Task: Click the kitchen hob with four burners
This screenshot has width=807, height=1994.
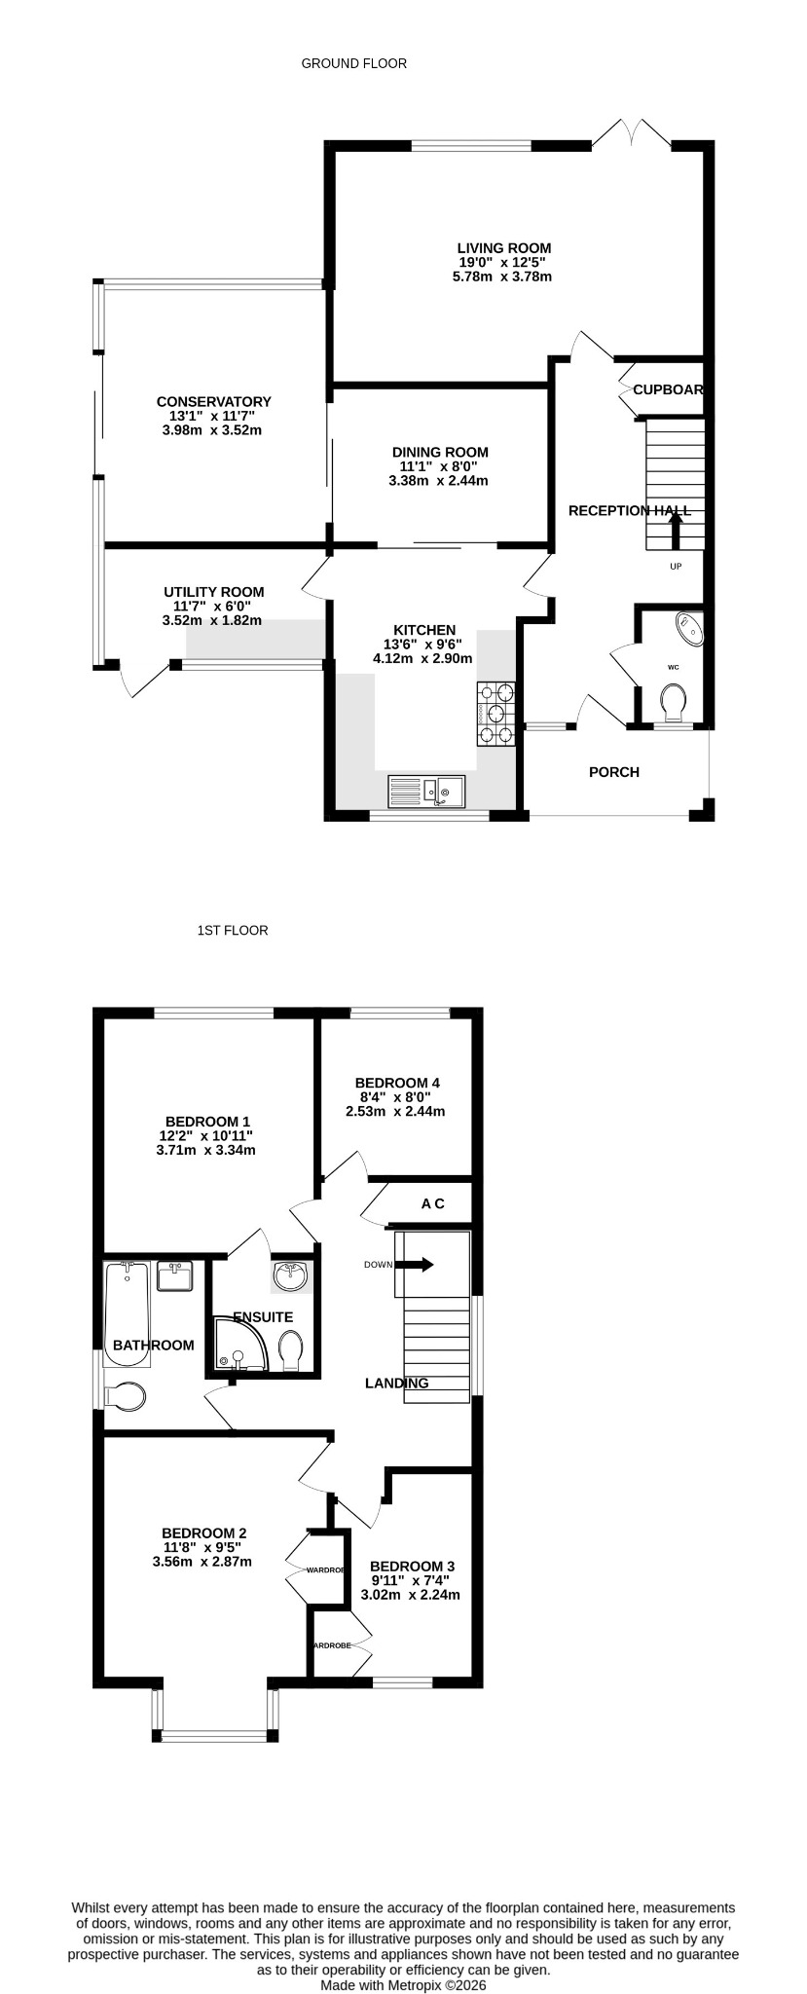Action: click(495, 714)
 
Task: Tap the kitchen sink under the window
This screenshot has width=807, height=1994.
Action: click(426, 791)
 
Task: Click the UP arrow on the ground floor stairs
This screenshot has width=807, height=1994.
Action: click(675, 533)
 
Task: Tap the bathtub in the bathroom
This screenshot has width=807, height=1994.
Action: click(127, 1313)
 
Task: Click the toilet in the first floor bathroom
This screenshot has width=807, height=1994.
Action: click(124, 1396)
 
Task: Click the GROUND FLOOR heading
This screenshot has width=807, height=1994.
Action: click(354, 63)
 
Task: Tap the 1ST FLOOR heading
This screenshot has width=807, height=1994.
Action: click(233, 930)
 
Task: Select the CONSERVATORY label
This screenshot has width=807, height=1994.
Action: click(214, 401)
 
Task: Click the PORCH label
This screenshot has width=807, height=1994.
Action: click(614, 772)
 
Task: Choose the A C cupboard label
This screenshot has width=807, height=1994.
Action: click(433, 1203)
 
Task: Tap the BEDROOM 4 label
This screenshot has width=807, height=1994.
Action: click(397, 1083)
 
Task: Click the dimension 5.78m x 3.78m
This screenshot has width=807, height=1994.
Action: click(502, 277)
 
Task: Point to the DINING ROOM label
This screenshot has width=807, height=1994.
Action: click(440, 452)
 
